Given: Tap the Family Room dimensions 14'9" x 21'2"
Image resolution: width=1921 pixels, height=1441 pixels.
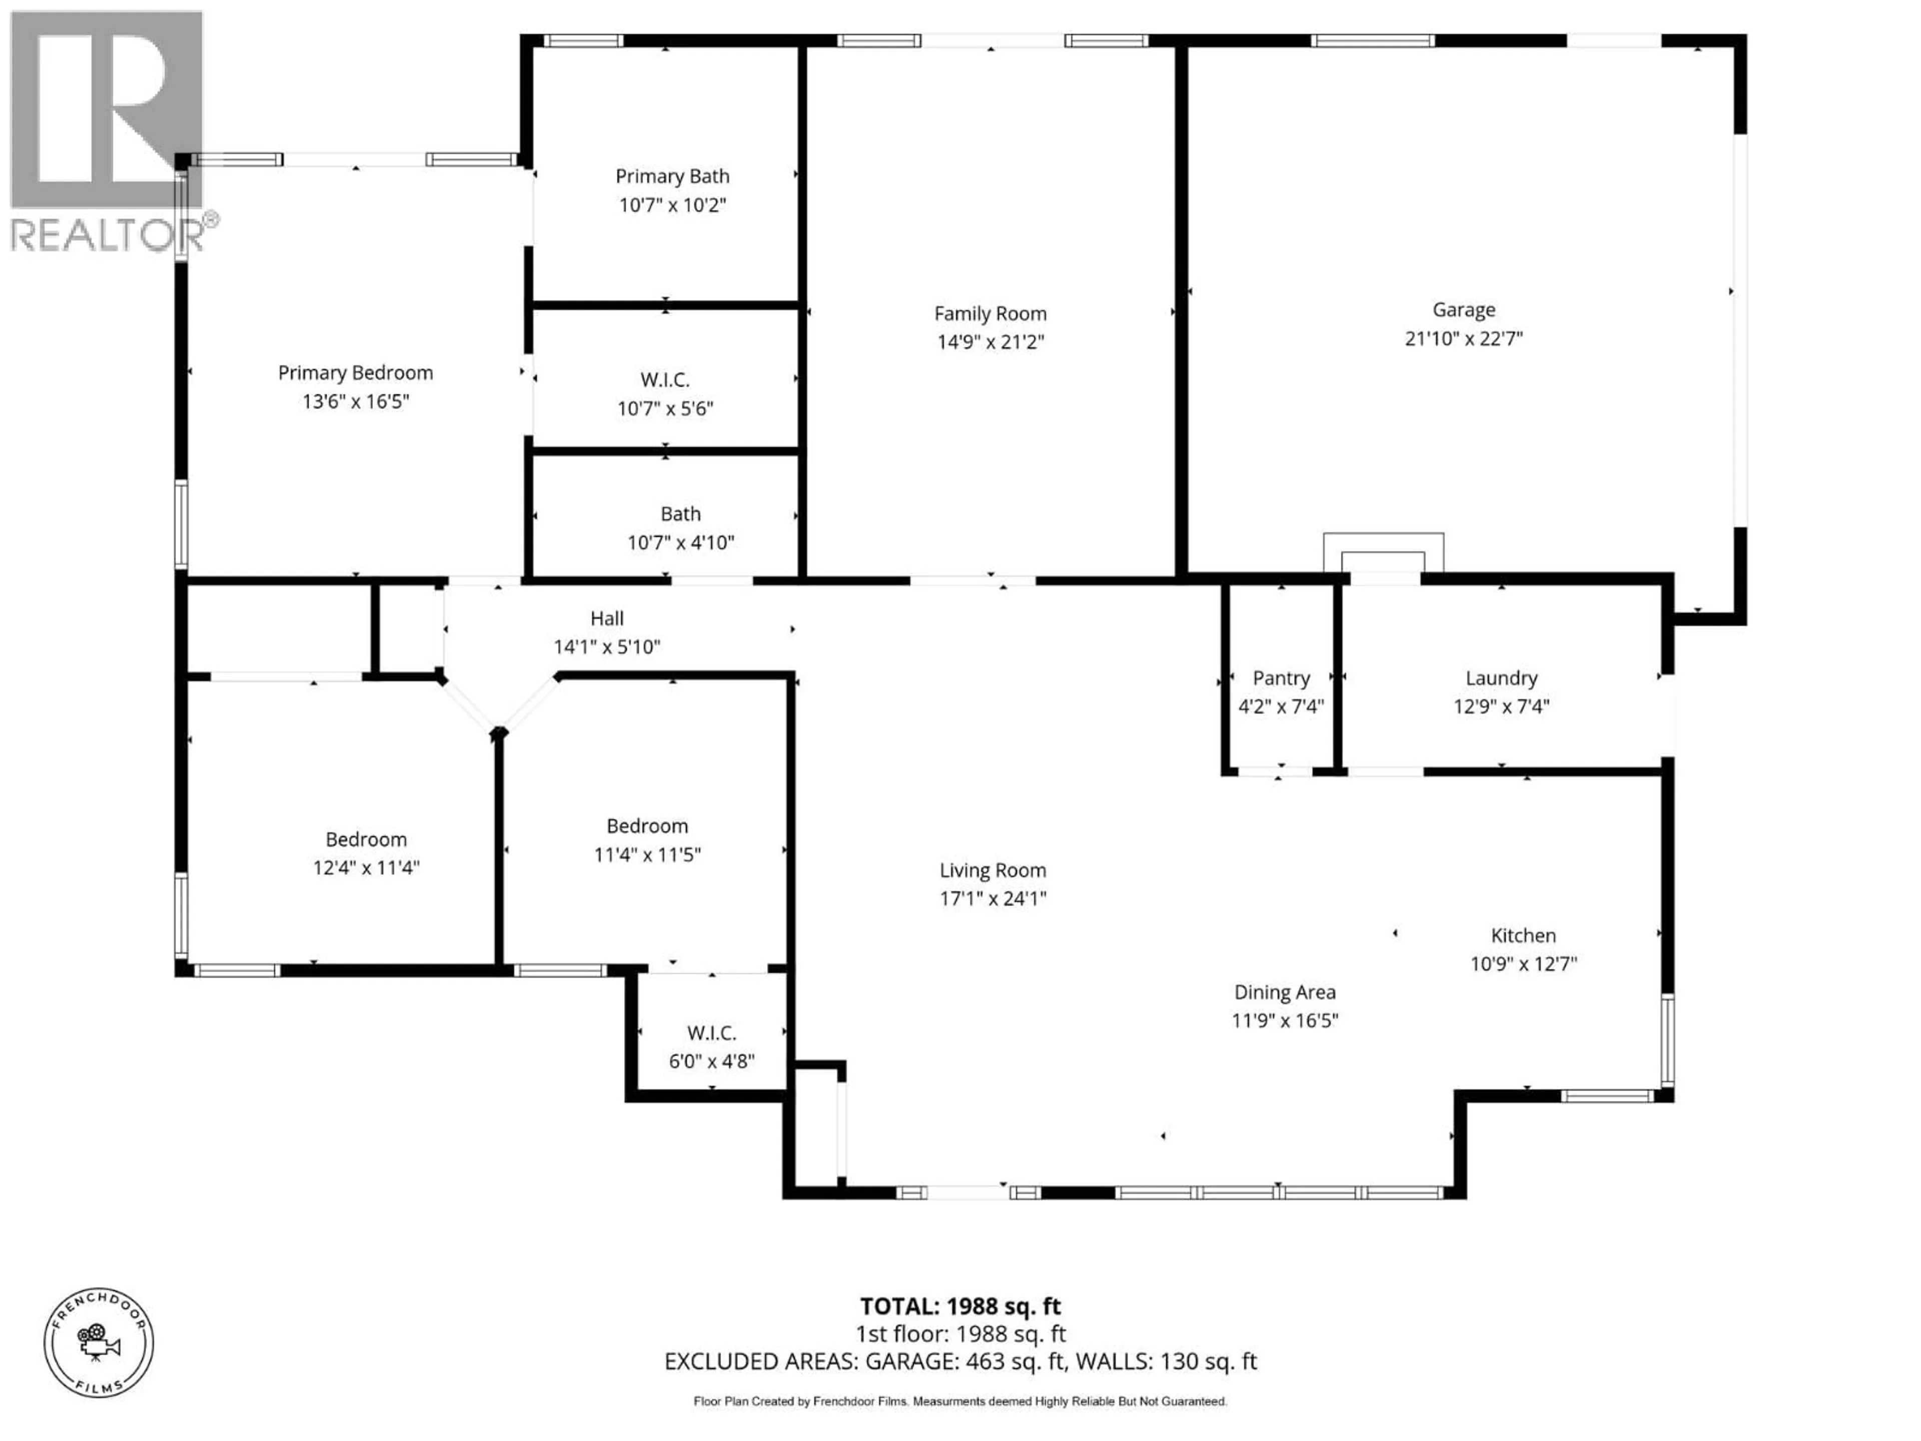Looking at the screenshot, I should pos(990,341).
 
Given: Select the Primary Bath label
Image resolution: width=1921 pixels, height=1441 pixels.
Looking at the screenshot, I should pos(672,176).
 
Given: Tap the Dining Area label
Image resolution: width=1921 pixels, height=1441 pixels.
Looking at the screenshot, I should pos(1285,992).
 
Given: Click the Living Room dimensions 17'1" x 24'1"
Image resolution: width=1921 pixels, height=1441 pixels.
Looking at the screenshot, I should pos(993,898).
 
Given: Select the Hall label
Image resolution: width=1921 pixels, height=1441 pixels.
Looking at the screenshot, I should pos(607,618).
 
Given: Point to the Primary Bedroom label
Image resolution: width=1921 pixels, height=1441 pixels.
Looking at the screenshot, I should pos(355,373).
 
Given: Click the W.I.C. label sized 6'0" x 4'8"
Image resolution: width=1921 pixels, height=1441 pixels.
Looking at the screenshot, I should pos(711,1033).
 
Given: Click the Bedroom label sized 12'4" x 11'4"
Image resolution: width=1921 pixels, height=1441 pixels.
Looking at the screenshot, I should pos(366,839).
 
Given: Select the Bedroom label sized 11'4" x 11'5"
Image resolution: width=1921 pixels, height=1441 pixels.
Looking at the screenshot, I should pos(647,826).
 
